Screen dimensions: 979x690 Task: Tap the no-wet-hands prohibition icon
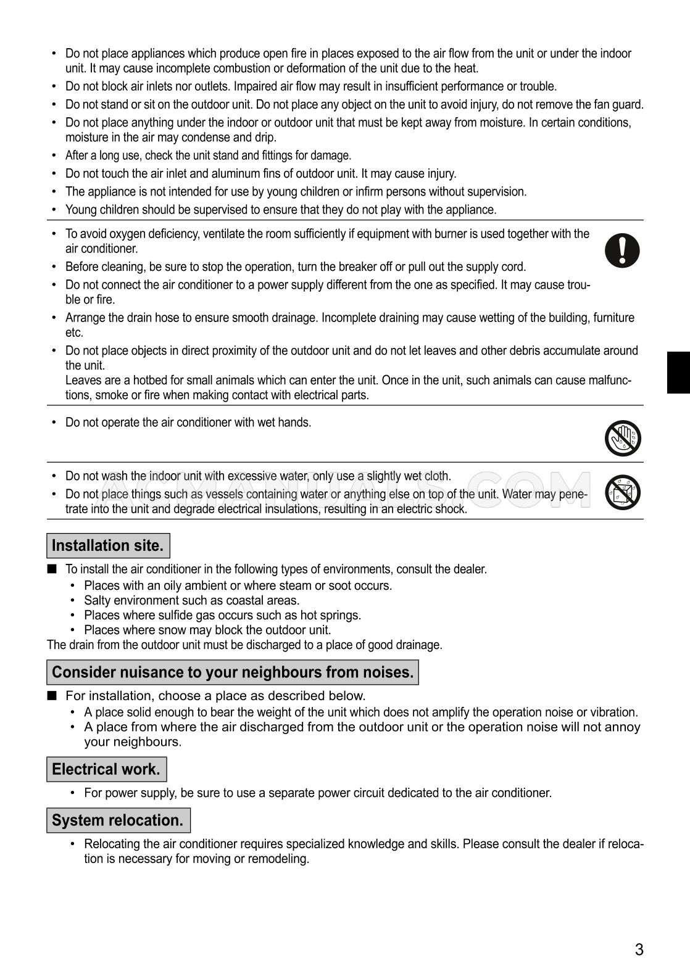623,438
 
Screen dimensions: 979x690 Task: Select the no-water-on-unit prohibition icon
623,492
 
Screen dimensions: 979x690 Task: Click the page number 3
639,949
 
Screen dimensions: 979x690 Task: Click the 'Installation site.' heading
108,545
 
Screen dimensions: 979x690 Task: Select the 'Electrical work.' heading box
106,769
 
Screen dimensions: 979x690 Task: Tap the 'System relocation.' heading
118,820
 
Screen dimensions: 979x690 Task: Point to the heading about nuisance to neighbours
233,672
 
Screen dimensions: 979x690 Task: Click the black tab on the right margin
678,372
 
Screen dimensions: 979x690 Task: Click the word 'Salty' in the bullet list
96,600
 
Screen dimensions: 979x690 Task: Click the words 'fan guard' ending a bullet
620,104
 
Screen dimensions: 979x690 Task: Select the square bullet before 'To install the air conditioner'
52,568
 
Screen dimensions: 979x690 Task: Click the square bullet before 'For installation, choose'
52,695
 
